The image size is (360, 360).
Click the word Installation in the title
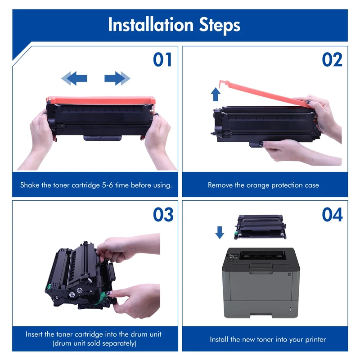coord(151,25)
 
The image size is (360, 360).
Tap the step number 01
coord(162,59)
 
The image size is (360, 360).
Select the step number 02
coord(332,59)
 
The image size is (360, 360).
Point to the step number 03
coord(163,215)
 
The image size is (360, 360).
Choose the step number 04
coord(332,215)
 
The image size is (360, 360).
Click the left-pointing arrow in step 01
coord(74,78)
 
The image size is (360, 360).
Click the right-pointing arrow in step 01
coord(117,78)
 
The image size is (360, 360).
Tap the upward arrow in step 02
coord(216,94)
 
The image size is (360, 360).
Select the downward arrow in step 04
coord(220,233)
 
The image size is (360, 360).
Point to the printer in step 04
coord(261,283)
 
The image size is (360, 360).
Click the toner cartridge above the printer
coord(261,227)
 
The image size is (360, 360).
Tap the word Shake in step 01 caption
coord(30,185)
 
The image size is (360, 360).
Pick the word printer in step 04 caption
coord(315,340)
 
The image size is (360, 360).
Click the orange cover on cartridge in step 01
coord(101,100)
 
